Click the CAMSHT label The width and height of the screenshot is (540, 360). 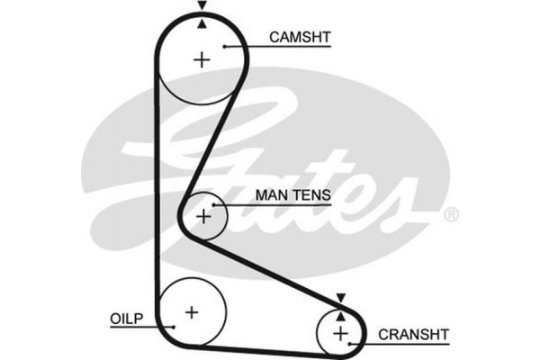(301, 37)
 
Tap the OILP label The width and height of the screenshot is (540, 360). (125, 319)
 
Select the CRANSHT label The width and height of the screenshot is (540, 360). (413, 334)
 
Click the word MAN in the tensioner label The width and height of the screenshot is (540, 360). (273, 194)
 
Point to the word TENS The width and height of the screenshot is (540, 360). (312, 194)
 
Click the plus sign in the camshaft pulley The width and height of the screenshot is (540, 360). (202, 60)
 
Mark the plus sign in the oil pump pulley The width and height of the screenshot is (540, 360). (191, 311)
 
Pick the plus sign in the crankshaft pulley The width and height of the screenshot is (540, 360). (340, 334)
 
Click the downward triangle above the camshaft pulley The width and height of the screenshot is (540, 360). (202, 7)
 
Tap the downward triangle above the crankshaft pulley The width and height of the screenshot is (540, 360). (340, 298)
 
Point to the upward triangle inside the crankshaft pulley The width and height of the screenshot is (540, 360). (340, 314)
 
